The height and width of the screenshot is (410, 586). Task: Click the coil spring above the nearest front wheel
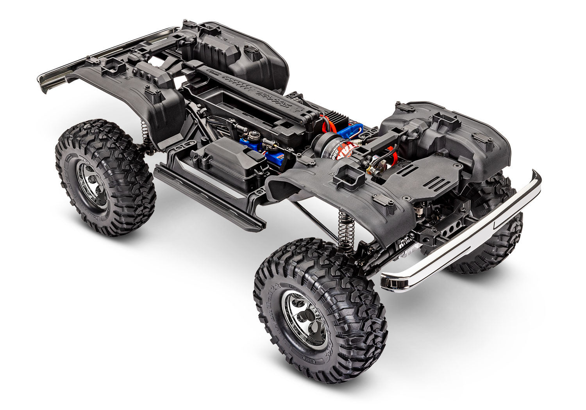pos(346,230)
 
